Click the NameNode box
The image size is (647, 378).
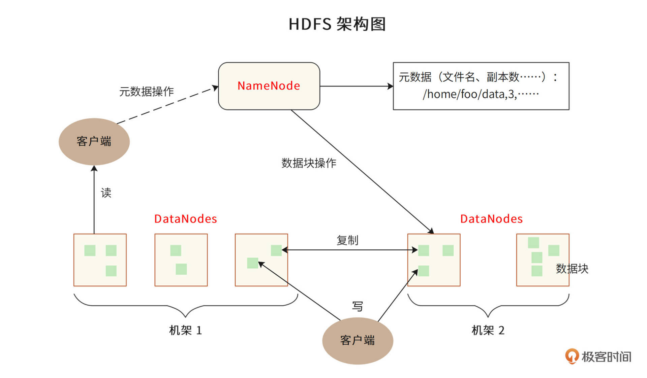(269, 86)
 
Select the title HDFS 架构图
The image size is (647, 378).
(337, 24)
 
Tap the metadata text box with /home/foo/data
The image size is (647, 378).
(481, 86)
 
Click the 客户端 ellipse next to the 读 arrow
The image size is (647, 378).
(94, 141)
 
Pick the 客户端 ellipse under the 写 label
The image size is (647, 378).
(358, 340)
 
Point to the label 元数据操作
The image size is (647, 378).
(147, 91)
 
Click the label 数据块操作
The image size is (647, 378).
(309, 163)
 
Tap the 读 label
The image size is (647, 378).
(106, 193)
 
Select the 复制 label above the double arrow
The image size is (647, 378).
(347, 240)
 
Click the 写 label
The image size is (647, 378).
(358, 306)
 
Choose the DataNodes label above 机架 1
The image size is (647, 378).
(186, 219)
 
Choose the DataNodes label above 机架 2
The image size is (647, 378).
(491, 219)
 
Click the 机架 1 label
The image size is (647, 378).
(185, 330)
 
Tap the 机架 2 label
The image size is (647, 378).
(488, 330)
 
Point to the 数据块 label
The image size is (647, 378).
(572, 269)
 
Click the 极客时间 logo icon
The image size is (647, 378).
(572, 356)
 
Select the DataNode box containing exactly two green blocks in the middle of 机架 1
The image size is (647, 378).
(181, 260)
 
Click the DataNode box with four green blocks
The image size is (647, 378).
(543, 260)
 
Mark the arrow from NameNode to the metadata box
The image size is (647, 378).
(356, 86)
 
